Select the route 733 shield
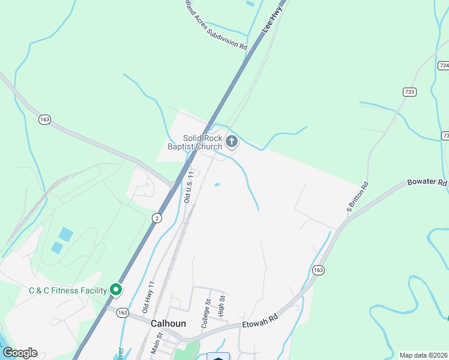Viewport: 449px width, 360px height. pyautogui.click(x=409, y=92)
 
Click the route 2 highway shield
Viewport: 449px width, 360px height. pyautogui.click(x=157, y=217)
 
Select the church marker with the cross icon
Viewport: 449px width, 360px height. pyautogui.click(x=232, y=142)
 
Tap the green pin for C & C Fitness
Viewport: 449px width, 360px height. pyautogui.click(x=116, y=290)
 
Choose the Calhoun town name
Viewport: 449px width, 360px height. pyautogui.click(x=168, y=323)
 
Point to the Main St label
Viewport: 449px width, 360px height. pyautogui.click(x=158, y=344)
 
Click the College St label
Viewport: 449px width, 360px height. pyautogui.click(x=206, y=314)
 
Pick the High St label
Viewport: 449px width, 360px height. pyautogui.click(x=221, y=307)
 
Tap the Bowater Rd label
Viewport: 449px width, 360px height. pyautogui.click(x=427, y=181)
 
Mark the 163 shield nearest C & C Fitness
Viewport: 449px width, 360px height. pyautogui.click(x=123, y=313)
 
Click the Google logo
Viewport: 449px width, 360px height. pyautogui.click(x=20, y=353)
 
